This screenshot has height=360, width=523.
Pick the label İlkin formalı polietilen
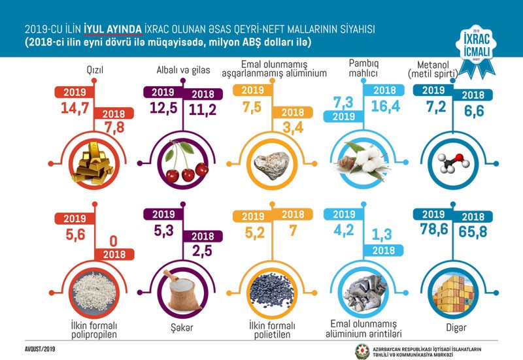[272, 329]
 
